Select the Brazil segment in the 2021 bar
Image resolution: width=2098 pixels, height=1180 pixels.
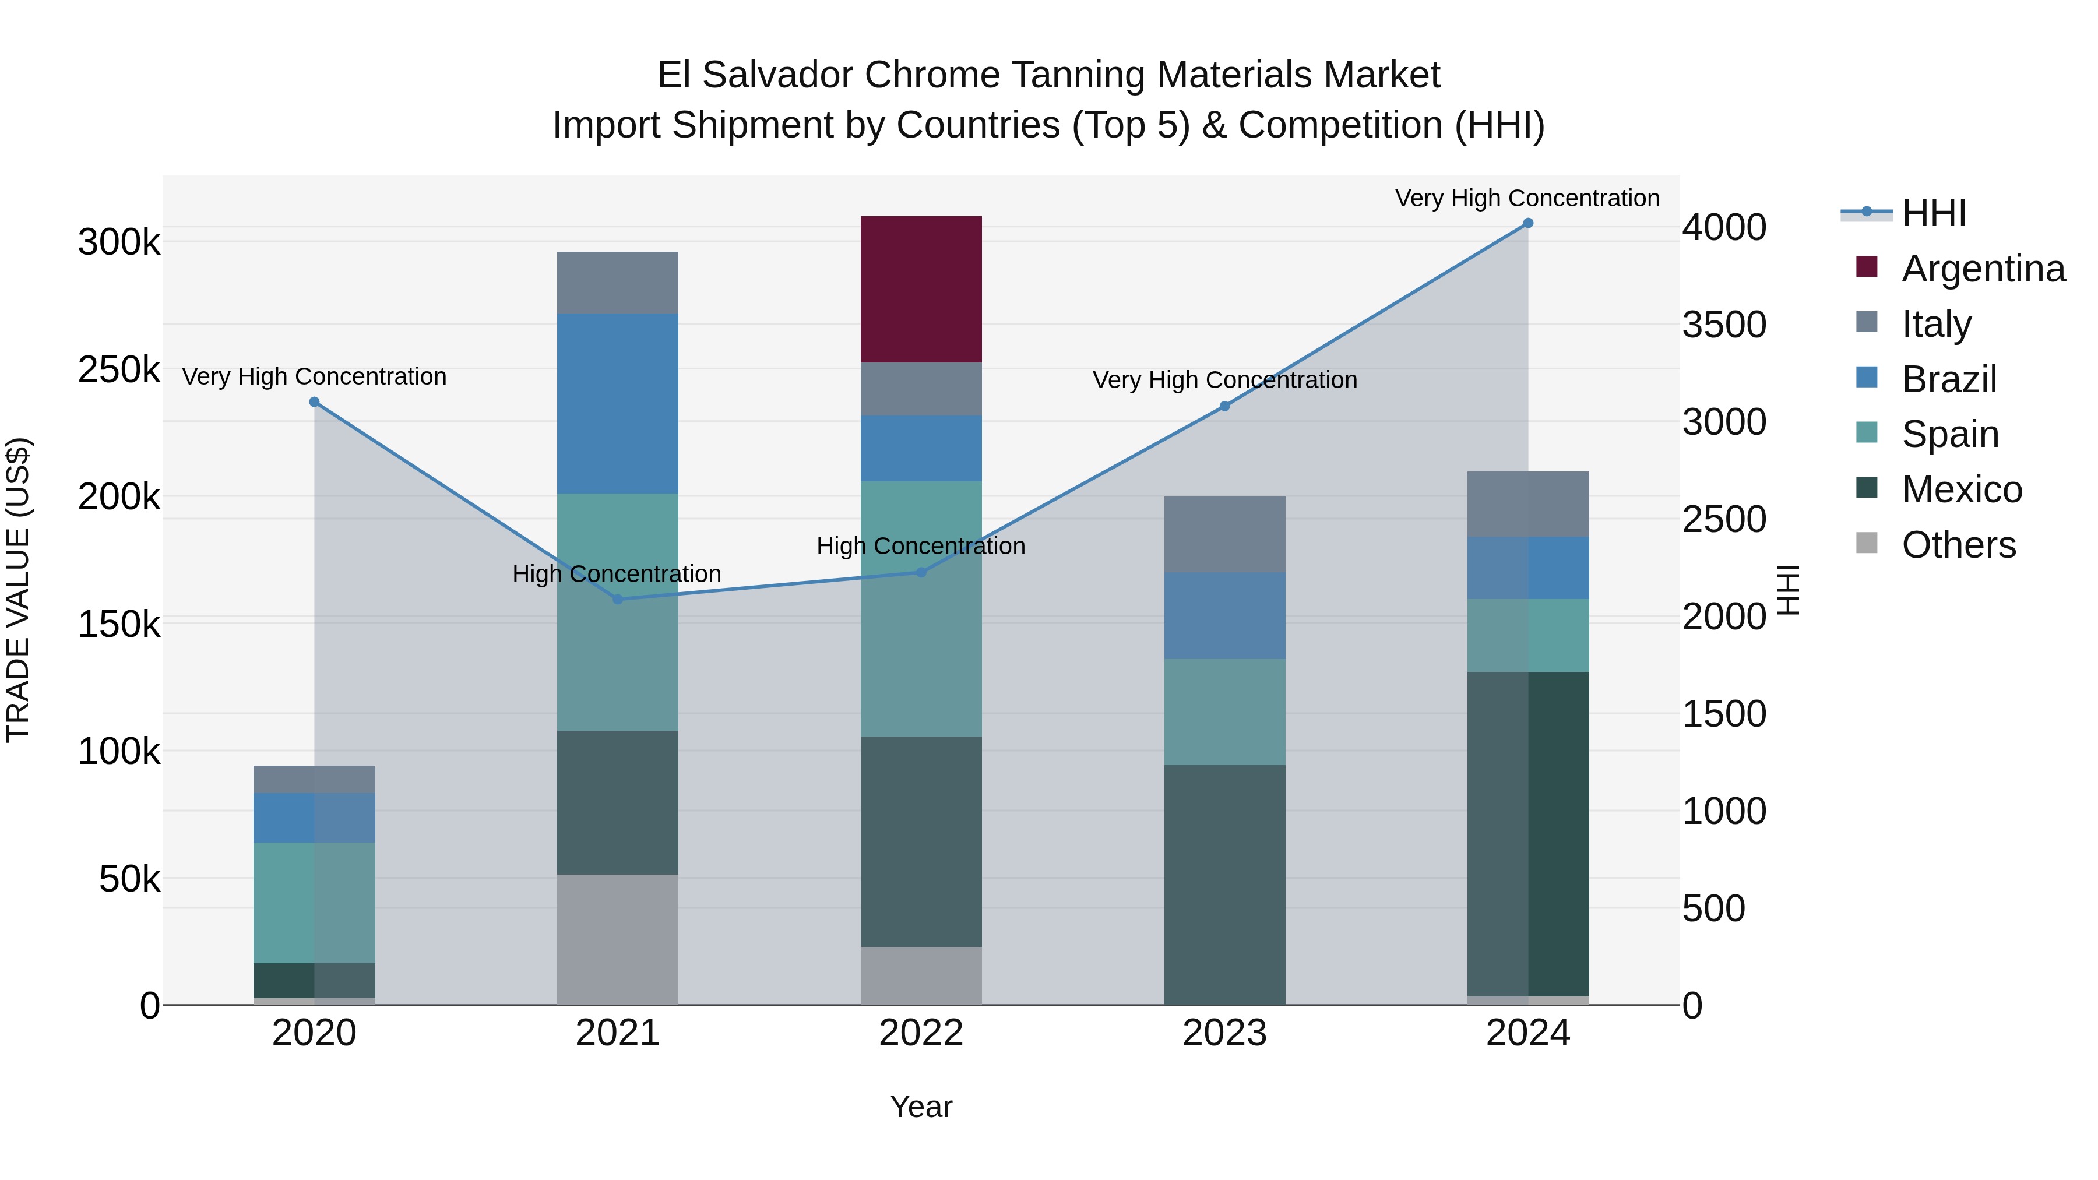pos(617,403)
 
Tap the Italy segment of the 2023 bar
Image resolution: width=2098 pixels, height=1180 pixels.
pos(1224,534)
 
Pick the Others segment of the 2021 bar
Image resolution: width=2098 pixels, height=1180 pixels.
pos(617,939)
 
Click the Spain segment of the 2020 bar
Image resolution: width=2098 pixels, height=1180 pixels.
pos(314,902)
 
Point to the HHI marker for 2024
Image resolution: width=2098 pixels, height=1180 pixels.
pos(1528,223)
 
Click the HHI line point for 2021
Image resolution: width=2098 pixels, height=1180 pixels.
pos(617,600)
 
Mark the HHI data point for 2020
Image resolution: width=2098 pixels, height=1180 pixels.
pos(314,402)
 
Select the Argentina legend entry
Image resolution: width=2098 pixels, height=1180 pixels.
pos(1983,269)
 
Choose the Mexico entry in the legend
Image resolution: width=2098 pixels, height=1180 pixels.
pos(1961,489)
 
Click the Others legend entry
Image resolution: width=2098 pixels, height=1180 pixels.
pos(1958,545)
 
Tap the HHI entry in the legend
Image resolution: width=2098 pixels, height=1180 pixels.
pos(1934,213)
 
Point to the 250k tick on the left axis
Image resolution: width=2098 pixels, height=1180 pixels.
pos(119,369)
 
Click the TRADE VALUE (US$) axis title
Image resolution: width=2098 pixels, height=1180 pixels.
pos(18,590)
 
